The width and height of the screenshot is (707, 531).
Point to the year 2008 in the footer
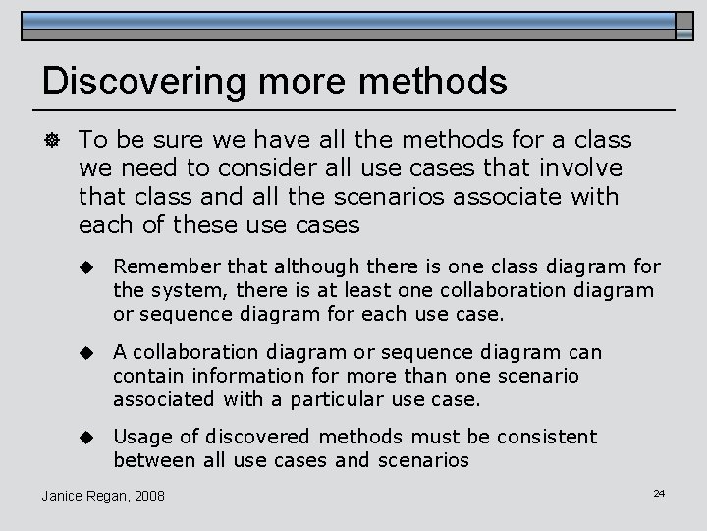coord(148,495)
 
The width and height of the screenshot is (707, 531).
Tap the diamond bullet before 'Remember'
coord(85,267)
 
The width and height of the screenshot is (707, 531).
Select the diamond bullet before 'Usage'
coord(85,437)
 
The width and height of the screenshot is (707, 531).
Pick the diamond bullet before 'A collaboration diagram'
coord(85,352)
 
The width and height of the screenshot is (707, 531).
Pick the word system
coord(180,291)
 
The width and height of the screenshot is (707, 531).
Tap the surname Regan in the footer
coord(105,495)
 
